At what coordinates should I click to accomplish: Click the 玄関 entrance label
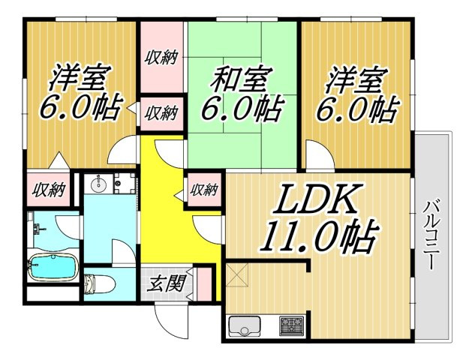(165, 283)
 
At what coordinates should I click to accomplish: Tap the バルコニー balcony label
(432, 235)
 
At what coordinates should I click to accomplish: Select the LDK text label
(317, 199)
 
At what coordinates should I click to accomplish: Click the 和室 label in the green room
(241, 79)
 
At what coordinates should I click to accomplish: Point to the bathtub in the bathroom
(53, 268)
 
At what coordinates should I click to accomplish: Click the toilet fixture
(98, 284)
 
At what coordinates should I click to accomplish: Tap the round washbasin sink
(98, 184)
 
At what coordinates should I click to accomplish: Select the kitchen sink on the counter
(245, 326)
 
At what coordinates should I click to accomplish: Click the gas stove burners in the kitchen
(291, 325)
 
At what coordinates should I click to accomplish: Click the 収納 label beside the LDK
(205, 190)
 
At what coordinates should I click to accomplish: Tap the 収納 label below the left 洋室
(49, 190)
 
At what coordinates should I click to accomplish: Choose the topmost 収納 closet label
(161, 57)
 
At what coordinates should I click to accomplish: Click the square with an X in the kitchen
(236, 274)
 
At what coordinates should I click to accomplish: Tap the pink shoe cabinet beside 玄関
(204, 283)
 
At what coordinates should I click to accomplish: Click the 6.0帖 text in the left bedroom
(81, 106)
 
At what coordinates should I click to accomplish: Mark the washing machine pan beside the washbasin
(125, 183)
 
